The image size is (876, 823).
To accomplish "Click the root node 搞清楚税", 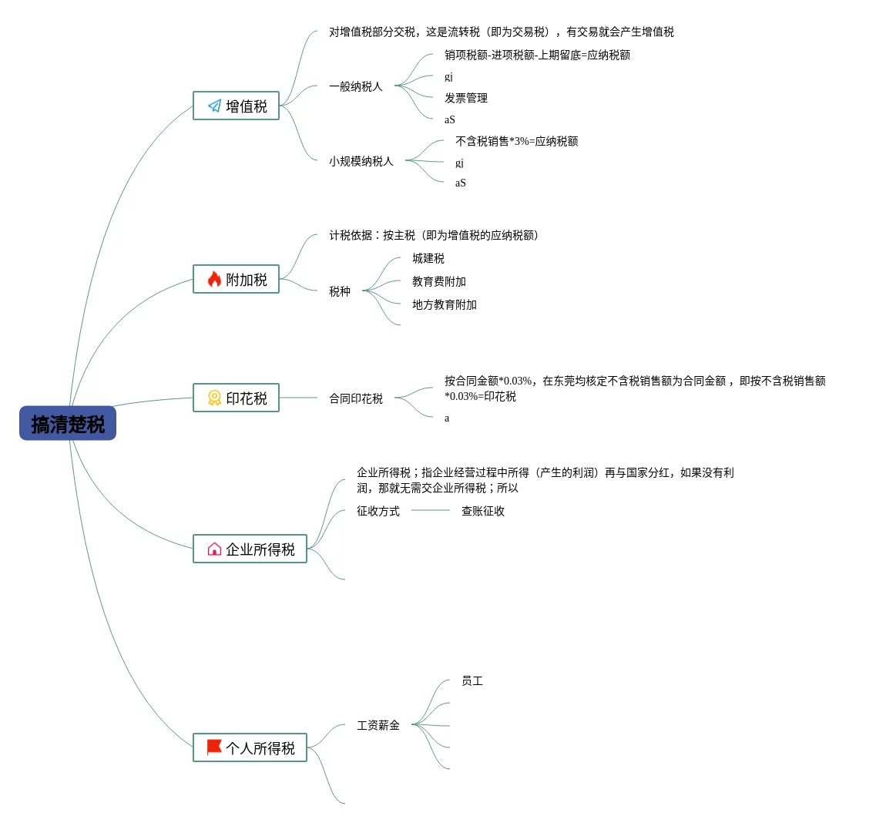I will click(68, 424).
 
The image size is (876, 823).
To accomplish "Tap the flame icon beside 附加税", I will click(214, 279).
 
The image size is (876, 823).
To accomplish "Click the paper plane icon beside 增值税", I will click(214, 106).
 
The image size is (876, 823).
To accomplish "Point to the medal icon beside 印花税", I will click(214, 398).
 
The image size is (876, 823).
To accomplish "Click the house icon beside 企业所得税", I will click(214, 549).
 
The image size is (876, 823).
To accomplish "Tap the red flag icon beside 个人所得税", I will click(214, 747).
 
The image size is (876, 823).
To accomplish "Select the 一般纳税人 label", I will click(355, 86).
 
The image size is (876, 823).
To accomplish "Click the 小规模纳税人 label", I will click(361, 161).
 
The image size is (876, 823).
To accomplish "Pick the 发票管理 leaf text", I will click(465, 98).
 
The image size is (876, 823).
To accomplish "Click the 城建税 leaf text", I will click(428, 258).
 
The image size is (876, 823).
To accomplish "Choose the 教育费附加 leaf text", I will click(438, 281).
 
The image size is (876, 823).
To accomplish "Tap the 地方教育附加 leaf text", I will click(444, 304).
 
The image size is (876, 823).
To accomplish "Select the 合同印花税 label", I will click(355, 398).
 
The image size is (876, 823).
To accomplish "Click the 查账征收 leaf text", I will click(482, 511).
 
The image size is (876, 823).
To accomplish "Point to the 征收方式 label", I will click(378, 511).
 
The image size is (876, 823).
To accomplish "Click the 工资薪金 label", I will click(378, 725).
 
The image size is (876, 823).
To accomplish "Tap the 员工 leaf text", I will click(472, 680).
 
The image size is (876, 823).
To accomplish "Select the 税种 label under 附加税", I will click(339, 291).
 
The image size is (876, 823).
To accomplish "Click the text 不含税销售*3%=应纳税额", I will click(516, 141).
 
